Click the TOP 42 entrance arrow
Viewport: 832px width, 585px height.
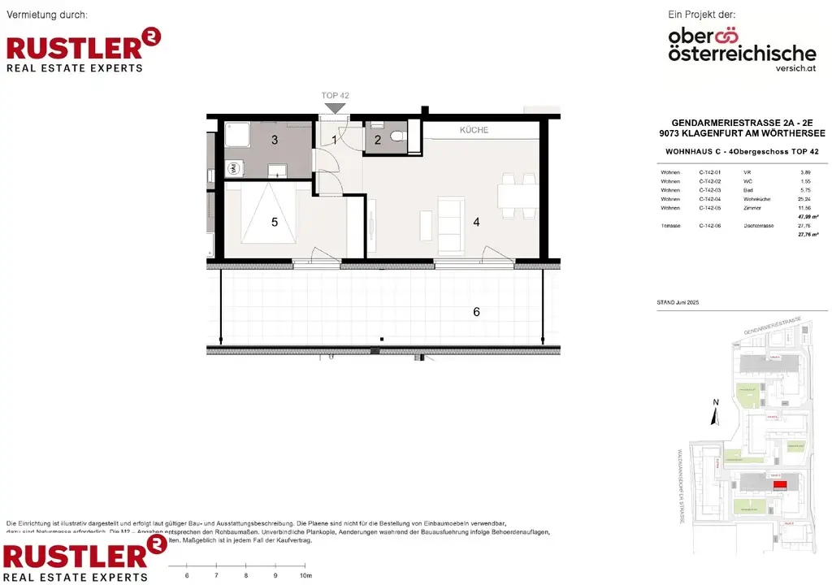(x=335, y=107)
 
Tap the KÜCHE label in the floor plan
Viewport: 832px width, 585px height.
(x=474, y=130)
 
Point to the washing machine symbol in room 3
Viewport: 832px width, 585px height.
(x=232, y=169)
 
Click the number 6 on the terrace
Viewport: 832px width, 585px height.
(x=477, y=312)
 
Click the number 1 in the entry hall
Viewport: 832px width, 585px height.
(x=334, y=140)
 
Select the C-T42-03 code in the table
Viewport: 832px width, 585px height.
(x=709, y=190)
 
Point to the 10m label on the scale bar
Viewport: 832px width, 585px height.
(x=305, y=575)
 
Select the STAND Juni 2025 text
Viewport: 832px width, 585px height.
(x=678, y=301)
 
